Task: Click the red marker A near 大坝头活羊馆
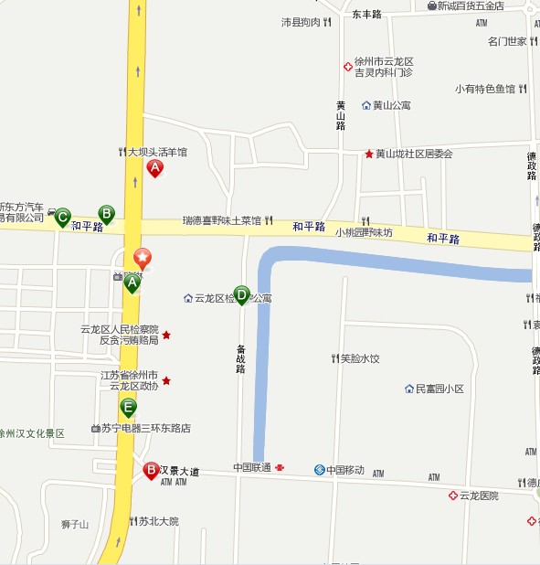pos(155,168)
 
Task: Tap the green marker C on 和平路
pos(62,217)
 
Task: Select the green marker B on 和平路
pos(106,214)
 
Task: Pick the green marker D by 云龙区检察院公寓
pos(241,294)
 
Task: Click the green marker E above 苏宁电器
pos(129,407)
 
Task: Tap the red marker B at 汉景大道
pos(151,471)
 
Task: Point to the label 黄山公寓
pos(391,105)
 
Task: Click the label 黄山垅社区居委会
pos(413,154)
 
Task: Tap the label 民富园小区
pos(439,389)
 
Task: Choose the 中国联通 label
pos(252,468)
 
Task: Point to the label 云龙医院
pos(479,496)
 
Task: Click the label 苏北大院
pos(158,521)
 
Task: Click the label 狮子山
pos(75,524)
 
